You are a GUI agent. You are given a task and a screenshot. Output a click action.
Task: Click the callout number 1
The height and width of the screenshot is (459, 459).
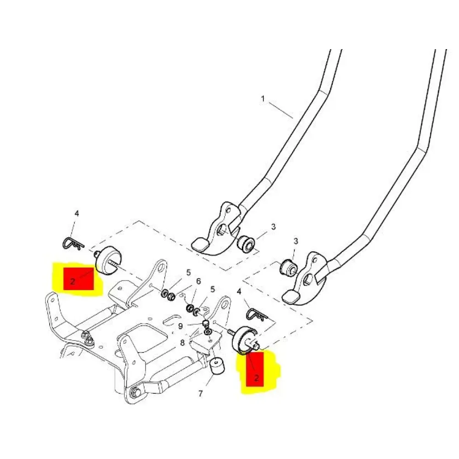click(263, 99)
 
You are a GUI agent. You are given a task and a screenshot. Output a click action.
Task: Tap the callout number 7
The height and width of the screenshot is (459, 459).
click(200, 394)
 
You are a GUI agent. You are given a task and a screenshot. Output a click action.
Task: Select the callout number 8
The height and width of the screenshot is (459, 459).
click(182, 343)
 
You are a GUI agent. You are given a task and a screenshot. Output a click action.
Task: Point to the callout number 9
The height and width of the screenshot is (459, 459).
click(180, 326)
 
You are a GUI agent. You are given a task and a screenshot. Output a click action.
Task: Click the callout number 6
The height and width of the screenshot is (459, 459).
click(198, 282)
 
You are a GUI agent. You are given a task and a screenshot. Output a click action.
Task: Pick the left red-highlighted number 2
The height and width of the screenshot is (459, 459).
click(73, 282)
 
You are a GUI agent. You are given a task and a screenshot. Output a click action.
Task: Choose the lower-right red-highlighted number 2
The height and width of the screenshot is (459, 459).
click(257, 378)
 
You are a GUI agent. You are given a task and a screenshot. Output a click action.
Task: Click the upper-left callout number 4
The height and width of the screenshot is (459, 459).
click(77, 214)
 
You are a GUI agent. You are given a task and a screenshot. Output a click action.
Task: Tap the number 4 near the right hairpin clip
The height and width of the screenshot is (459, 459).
click(239, 291)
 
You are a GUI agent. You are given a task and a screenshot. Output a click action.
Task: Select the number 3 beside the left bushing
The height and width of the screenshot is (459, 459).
click(273, 227)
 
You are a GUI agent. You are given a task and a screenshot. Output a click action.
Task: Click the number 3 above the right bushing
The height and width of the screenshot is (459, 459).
click(296, 241)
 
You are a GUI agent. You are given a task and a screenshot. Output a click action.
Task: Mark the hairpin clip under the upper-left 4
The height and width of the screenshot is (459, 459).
click(73, 243)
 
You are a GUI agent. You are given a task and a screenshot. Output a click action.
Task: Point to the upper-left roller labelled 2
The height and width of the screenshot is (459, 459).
click(107, 260)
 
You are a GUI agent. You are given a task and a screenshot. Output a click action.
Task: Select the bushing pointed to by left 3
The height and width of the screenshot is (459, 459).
click(245, 243)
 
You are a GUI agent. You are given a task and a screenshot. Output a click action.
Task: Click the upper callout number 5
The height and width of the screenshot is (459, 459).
click(188, 273)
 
